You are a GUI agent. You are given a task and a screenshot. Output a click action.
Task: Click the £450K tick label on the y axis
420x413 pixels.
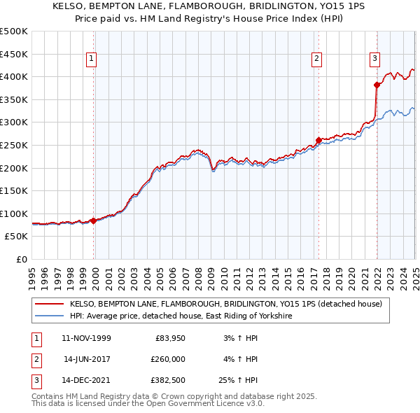point(14,54)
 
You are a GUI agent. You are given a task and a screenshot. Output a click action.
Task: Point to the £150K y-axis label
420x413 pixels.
point(14,190)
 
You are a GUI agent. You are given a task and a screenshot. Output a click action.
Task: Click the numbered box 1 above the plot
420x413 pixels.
point(92,59)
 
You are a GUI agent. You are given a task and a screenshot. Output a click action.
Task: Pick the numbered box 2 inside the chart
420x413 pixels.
point(317,59)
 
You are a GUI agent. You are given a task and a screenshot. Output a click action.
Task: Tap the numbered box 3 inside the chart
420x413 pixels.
point(375,59)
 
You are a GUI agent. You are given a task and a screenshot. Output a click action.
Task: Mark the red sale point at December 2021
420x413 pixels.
point(377,85)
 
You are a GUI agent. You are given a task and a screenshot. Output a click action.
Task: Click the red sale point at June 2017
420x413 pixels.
point(319,140)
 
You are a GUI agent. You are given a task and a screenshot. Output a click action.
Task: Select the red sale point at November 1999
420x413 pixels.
point(94,220)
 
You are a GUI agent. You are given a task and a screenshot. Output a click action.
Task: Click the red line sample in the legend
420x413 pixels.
point(50,304)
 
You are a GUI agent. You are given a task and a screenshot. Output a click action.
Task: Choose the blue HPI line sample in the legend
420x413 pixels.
point(50,316)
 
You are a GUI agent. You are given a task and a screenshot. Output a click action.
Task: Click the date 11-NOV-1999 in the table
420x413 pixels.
point(86,338)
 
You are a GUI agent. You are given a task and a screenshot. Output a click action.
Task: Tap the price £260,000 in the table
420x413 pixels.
point(168,359)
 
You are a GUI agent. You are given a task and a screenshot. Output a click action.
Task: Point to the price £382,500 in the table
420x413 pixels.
point(168,380)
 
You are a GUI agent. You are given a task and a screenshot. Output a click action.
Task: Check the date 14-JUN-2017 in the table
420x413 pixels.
point(86,359)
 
